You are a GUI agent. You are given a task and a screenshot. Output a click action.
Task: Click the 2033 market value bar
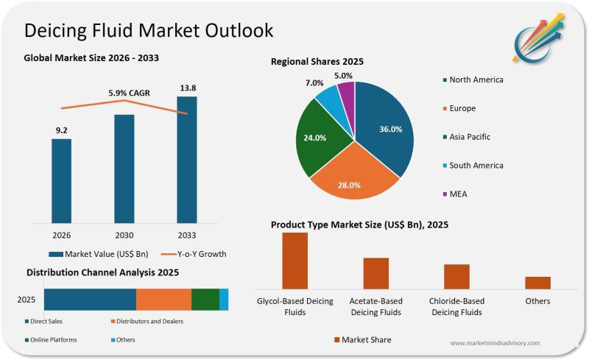tap(187, 158)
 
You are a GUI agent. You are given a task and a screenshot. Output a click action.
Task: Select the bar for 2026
tap(61, 180)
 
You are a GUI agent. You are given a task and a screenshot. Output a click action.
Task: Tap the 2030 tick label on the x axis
tap(124, 236)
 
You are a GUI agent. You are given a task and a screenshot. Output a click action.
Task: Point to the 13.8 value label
tap(188, 88)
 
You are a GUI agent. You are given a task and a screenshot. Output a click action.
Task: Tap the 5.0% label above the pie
tap(343, 75)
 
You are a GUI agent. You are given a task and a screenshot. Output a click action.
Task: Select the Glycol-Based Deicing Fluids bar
tap(294, 261)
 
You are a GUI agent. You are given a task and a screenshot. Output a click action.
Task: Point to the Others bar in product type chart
tap(537, 283)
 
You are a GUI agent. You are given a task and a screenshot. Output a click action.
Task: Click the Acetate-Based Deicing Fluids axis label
tap(375, 307)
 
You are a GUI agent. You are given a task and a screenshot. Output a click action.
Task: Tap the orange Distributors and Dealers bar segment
tap(163, 300)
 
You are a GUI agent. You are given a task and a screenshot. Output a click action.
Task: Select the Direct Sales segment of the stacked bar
tap(90, 300)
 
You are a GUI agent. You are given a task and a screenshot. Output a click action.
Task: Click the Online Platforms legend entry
tap(53, 340)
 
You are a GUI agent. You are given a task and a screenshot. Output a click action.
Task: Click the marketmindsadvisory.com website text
tap(495, 343)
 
